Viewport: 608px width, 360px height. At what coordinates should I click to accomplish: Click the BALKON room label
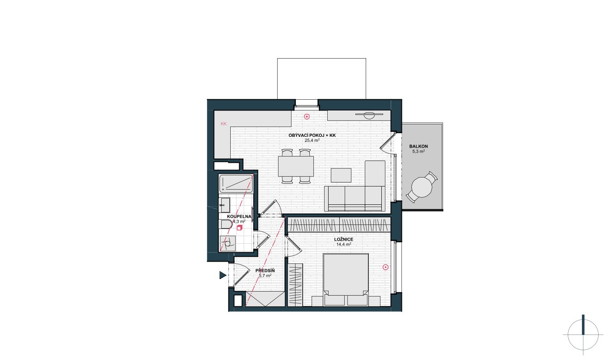418,146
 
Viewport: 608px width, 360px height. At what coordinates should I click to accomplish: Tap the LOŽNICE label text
344,239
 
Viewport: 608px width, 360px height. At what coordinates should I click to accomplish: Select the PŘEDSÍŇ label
265,271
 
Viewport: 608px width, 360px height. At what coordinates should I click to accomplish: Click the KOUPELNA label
239,216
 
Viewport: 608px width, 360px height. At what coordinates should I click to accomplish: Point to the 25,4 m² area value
312,140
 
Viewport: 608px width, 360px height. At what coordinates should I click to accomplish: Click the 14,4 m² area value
344,244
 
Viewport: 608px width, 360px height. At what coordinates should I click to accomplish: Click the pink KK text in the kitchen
224,123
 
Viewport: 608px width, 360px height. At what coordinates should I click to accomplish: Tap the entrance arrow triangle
223,275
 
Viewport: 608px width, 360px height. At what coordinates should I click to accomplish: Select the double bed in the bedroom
346,280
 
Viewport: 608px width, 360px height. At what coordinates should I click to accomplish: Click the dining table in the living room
296,166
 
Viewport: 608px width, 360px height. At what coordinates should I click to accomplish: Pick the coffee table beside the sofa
341,175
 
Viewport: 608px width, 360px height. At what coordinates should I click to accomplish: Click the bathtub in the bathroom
236,184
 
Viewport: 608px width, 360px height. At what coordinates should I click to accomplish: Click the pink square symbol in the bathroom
239,228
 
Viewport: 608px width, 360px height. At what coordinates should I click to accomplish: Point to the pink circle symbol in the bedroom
385,267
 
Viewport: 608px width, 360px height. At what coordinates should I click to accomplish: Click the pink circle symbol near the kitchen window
307,117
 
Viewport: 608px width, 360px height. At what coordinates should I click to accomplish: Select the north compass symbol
583,335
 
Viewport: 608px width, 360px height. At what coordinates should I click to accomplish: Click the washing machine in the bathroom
227,243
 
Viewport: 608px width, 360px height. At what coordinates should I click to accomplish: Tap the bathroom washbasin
224,205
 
